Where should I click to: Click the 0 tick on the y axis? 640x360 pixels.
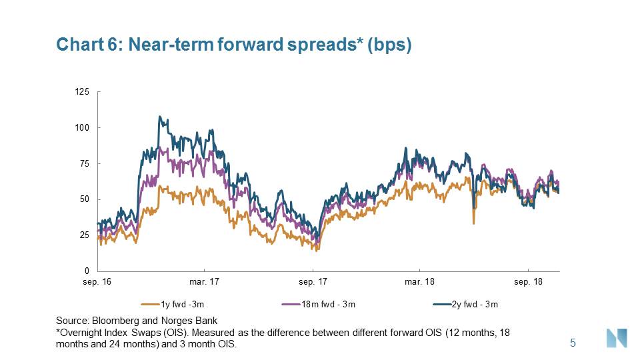coord(88,271)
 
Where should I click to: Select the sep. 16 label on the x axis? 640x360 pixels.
coord(97,282)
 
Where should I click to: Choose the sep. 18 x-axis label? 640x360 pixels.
coord(529,282)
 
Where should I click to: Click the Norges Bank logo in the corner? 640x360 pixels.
coord(615,338)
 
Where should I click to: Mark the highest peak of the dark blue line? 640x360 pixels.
coord(159,117)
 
